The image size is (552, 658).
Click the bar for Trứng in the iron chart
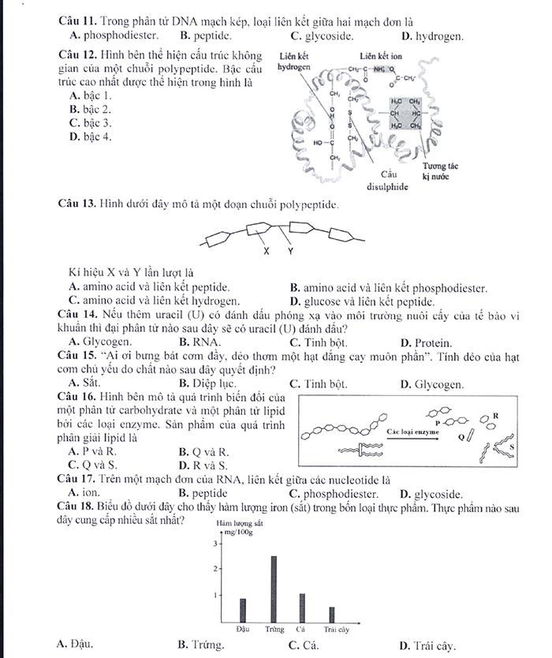(x=274, y=588)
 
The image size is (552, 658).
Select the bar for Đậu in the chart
(x=243, y=609)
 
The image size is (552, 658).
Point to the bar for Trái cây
(x=332, y=613)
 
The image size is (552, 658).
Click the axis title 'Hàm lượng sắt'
(x=239, y=524)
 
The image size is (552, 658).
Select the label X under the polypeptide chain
(x=267, y=252)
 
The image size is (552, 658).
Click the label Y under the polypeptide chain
(x=289, y=252)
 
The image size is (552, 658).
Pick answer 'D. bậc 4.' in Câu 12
(x=90, y=137)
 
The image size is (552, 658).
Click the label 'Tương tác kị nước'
(x=440, y=173)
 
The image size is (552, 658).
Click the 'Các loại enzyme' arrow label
(x=413, y=432)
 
